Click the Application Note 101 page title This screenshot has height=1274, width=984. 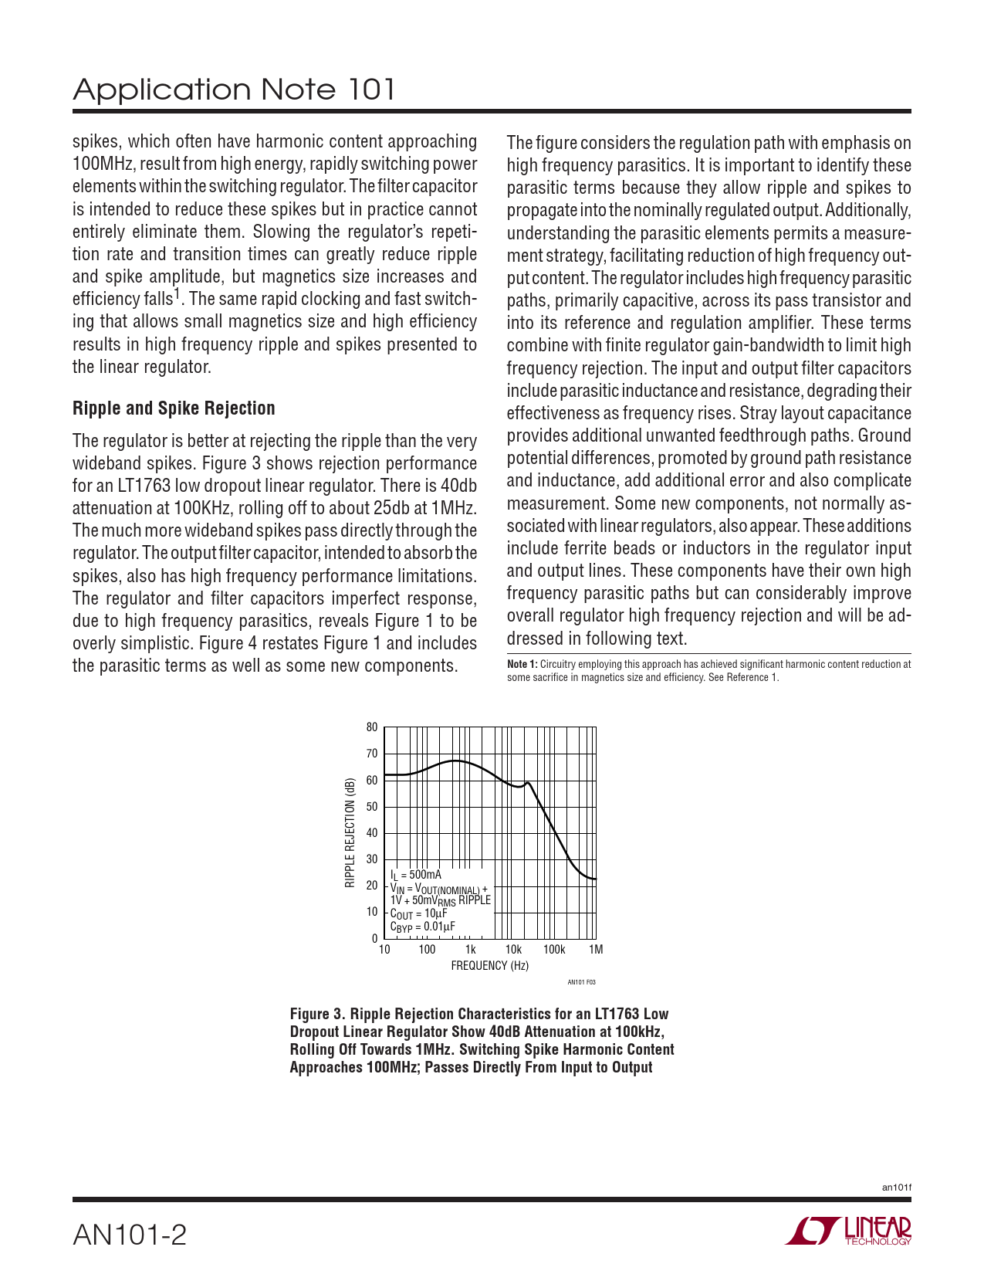tap(234, 90)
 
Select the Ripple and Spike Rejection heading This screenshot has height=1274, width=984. tap(174, 408)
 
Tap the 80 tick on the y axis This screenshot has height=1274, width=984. tap(372, 727)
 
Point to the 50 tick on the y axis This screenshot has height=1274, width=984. tap(372, 807)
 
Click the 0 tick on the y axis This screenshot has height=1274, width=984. tap(374, 939)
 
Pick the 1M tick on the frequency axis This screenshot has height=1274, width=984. tap(596, 950)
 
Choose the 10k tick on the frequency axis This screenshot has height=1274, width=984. tap(513, 950)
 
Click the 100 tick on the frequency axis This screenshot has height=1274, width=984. tap(427, 950)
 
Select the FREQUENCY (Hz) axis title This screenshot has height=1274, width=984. tap(489, 966)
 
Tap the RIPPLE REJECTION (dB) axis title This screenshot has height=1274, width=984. tap(350, 832)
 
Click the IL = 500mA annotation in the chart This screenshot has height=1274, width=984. tap(416, 875)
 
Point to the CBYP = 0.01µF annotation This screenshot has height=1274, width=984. tap(422, 927)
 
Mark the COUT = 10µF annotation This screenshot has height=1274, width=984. tap(418, 913)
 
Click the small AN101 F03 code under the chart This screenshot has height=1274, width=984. tap(581, 982)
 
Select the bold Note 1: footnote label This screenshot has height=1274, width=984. tap(522, 664)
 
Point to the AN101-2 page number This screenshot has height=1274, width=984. tap(130, 1235)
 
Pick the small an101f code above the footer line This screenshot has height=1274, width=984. tap(897, 1187)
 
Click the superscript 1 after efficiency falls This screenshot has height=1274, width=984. tap(177, 293)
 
